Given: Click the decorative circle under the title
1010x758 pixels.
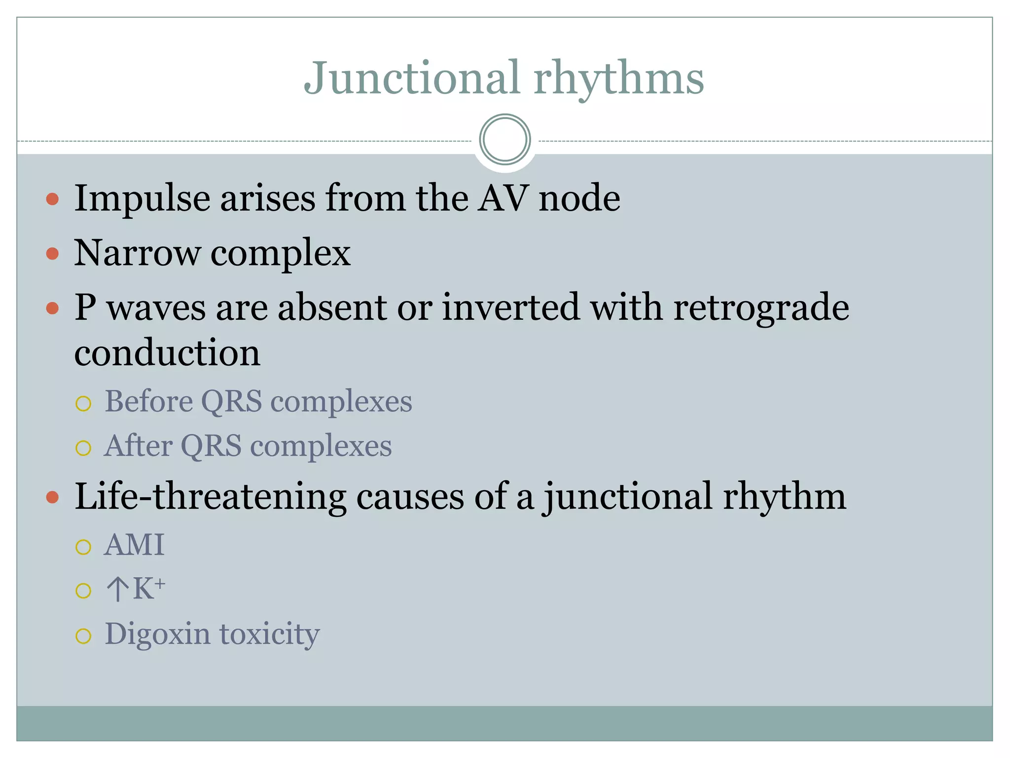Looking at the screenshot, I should point(505,140).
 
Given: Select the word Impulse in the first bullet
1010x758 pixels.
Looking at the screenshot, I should point(142,198).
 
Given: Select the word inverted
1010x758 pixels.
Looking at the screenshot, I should point(510,307).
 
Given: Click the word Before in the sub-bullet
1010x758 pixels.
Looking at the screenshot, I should point(148,401).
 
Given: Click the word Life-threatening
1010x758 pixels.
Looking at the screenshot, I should point(210,496).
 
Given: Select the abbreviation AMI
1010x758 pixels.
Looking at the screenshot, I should point(134,545).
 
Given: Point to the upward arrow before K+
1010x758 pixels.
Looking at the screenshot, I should point(117,589).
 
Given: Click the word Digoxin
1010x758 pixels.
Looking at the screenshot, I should point(157,635).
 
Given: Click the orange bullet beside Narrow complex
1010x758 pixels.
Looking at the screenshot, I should point(52,254).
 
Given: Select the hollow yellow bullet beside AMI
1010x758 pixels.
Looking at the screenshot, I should point(83,547).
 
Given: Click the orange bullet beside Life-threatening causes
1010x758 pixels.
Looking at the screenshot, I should point(52,497).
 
